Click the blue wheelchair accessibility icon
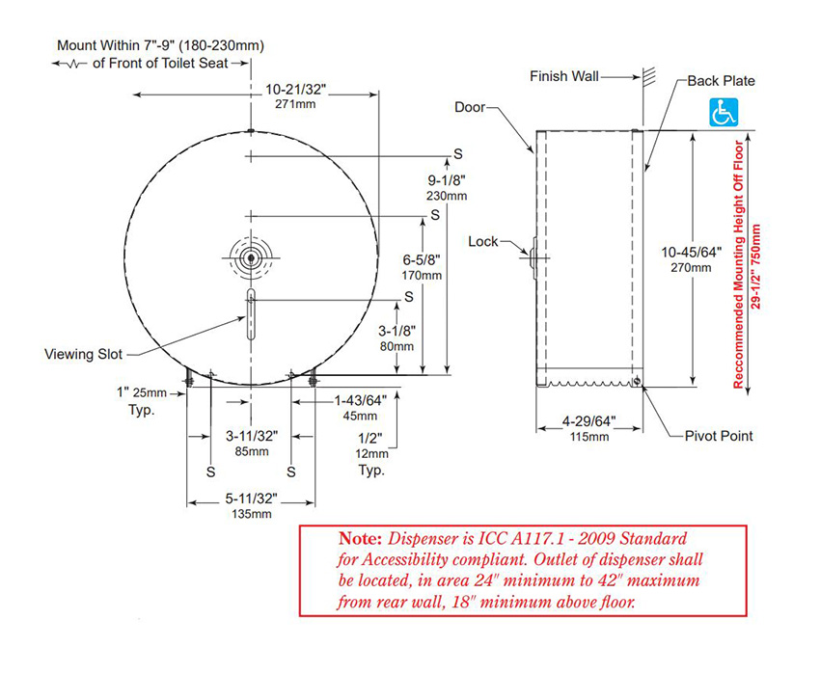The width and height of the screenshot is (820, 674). pos(724,112)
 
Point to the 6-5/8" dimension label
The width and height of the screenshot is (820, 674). pos(421,258)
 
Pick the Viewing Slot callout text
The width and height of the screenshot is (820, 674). pos(84,354)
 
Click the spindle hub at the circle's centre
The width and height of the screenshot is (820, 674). pos(250,257)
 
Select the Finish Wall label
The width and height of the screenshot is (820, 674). pos(564,75)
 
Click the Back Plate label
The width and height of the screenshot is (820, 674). pos(721,81)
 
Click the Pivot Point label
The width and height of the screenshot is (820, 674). pos(719,436)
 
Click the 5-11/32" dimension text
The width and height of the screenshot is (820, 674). pos(251,499)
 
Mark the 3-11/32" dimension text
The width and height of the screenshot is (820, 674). pos(251,436)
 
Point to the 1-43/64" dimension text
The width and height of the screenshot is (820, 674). pos(360,400)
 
